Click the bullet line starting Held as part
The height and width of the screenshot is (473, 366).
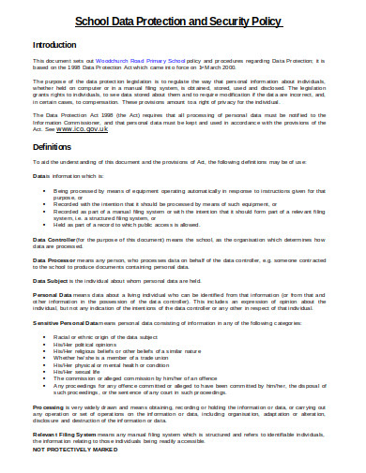point(141,224)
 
